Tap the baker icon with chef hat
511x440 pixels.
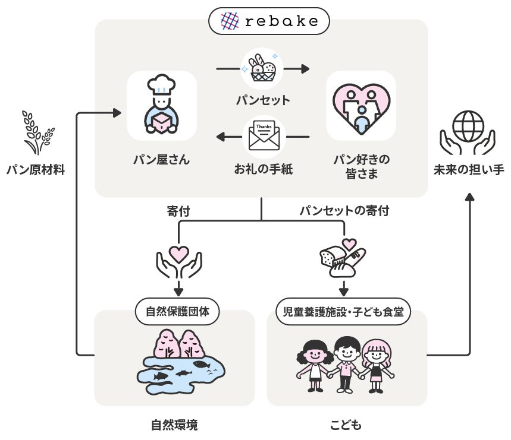pos(162,105)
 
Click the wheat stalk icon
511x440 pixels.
pos(37,132)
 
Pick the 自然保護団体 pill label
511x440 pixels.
pos(177,311)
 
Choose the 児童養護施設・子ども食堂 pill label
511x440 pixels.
pos(344,311)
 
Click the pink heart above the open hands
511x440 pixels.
pos(178,254)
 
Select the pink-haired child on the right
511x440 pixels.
pos(376,365)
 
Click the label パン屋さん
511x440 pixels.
pos(162,159)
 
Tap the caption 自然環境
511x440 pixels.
pos(174,425)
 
